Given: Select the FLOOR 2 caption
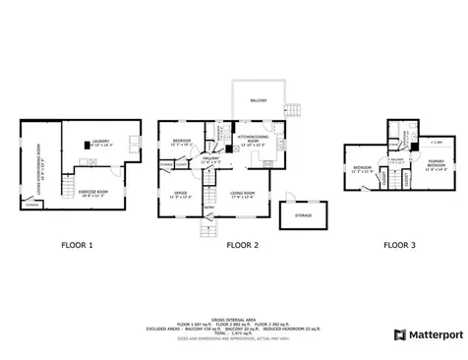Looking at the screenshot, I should pyautogui.click(x=242, y=245).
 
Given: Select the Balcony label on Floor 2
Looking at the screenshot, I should pyautogui.click(x=258, y=99).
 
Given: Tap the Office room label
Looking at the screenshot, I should pyautogui.click(x=180, y=193).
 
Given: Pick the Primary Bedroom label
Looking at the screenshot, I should pyautogui.click(x=436, y=163).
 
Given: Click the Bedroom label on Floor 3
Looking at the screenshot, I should pyautogui.click(x=361, y=168).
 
